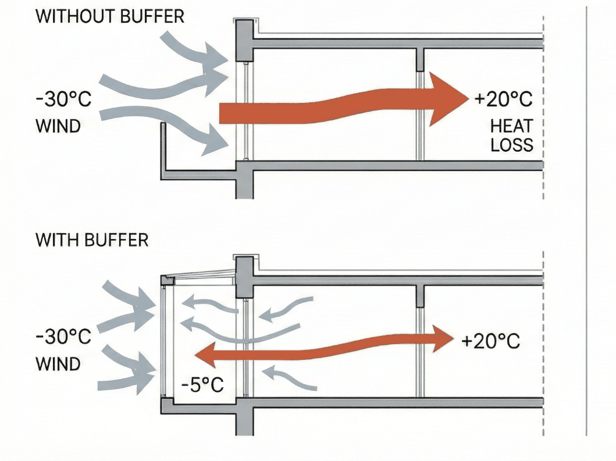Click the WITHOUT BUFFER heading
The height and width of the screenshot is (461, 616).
(110, 16)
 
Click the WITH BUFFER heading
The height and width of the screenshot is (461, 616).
(92, 240)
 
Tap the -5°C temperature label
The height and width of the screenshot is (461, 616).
(202, 384)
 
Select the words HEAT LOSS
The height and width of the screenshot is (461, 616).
(512, 135)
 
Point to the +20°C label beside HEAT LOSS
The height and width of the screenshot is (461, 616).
(504, 99)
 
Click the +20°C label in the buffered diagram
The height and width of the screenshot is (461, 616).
(490, 341)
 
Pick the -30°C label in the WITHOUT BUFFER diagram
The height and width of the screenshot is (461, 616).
(63, 99)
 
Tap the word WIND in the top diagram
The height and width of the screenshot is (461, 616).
(58, 125)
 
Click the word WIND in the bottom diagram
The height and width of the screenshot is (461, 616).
(58, 364)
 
